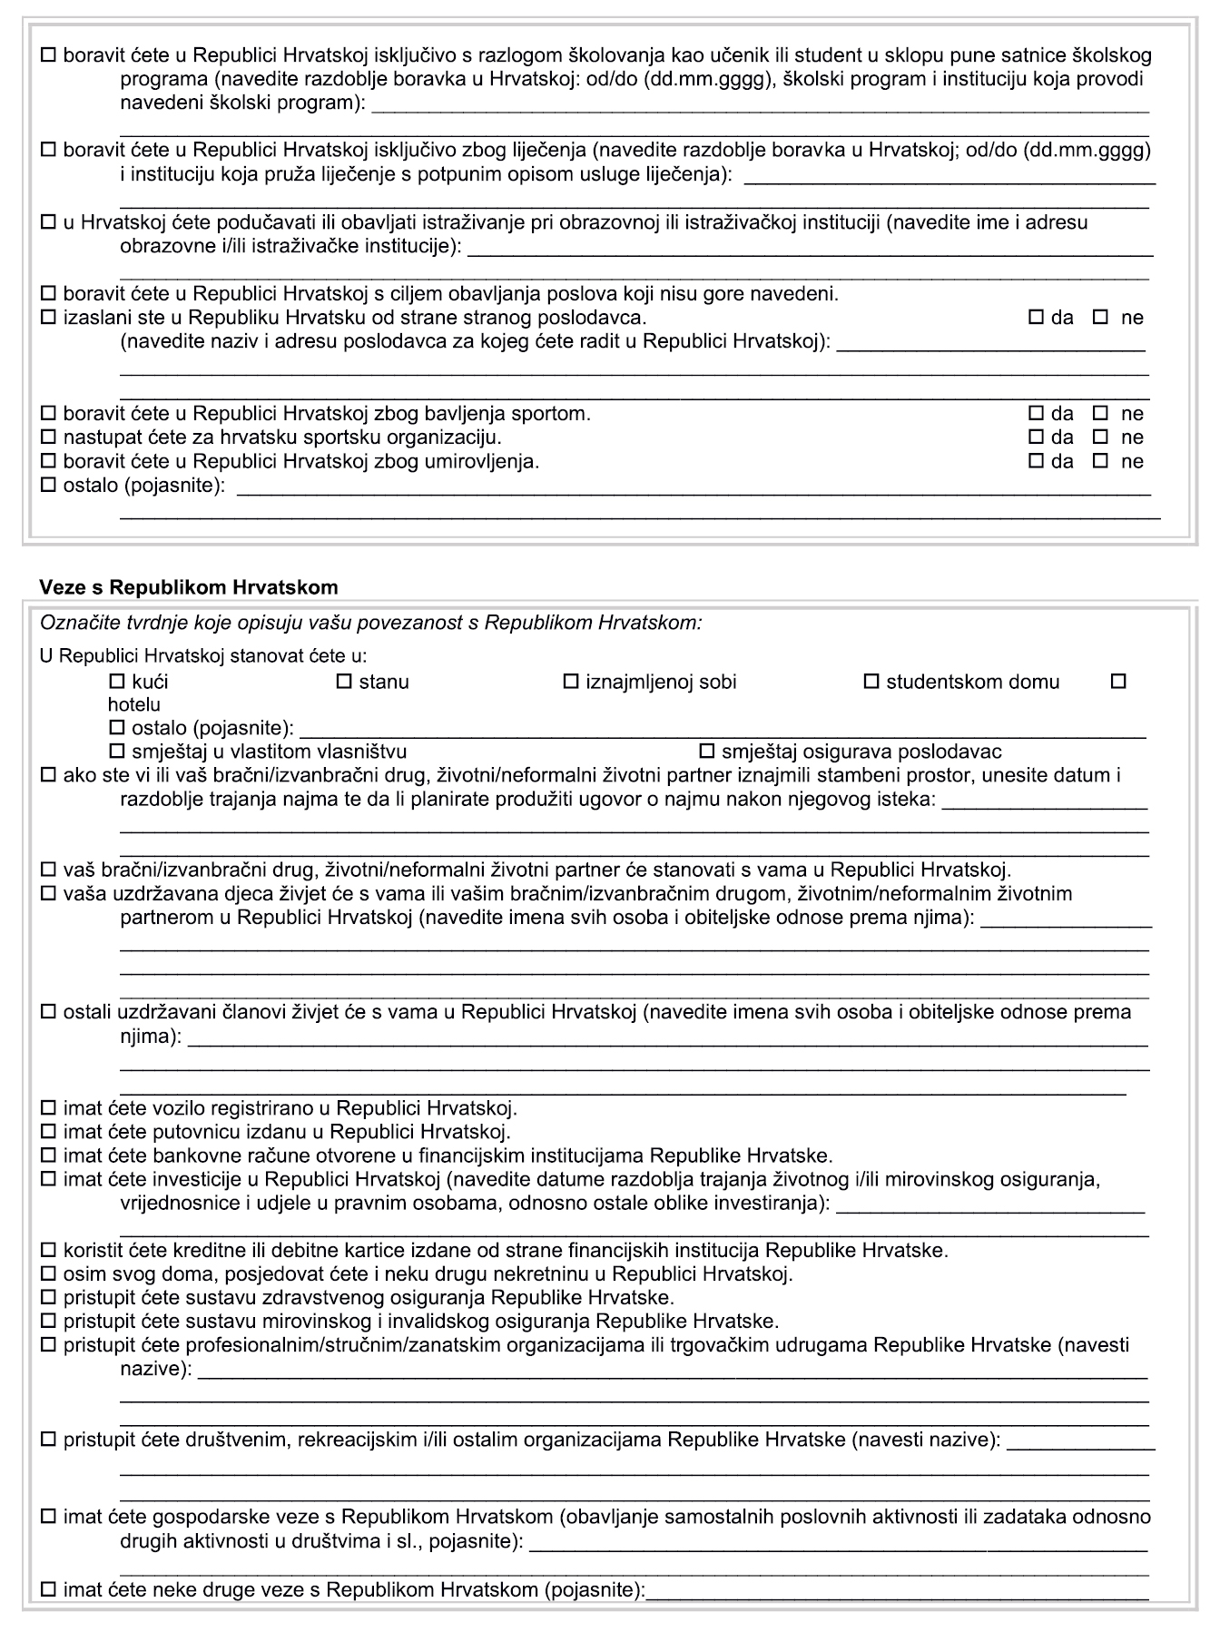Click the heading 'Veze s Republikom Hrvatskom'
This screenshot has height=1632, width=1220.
(x=188, y=587)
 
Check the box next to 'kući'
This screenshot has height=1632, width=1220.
(x=116, y=681)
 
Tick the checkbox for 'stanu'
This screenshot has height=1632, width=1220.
(x=344, y=681)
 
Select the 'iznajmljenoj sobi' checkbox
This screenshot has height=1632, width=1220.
(x=571, y=681)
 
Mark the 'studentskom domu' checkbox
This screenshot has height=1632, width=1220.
(x=871, y=681)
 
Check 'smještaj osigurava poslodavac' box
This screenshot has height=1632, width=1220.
(x=707, y=752)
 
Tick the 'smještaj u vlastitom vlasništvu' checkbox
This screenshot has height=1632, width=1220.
(x=116, y=752)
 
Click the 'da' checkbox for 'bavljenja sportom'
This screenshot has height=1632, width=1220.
(x=1036, y=414)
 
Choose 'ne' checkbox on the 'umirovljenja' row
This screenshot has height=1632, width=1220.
(x=1101, y=461)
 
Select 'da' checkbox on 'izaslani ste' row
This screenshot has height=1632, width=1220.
(x=1036, y=318)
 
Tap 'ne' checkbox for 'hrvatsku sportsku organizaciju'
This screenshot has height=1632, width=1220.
(x=1101, y=437)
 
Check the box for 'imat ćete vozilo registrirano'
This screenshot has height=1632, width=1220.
(x=48, y=1108)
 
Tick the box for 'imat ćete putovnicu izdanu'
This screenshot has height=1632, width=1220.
(x=48, y=1132)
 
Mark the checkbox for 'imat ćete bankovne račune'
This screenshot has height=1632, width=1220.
(x=48, y=1155)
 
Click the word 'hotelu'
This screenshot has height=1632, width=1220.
(x=133, y=704)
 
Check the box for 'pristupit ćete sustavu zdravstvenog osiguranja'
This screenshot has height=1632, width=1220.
(x=48, y=1297)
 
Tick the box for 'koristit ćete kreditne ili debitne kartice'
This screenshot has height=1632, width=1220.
(x=48, y=1250)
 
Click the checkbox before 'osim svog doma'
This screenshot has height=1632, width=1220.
(x=48, y=1273)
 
